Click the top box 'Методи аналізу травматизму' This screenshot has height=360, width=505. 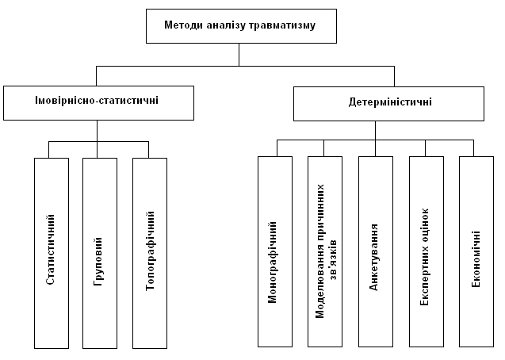tap(239, 26)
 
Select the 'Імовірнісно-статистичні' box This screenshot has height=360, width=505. tap(98, 102)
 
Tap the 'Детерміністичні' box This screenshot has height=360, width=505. tap(389, 102)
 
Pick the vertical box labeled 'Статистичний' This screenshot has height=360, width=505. tap(52, 252)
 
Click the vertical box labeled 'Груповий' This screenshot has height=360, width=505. tap(99, 252)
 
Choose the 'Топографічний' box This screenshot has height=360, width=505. tap(150, 252)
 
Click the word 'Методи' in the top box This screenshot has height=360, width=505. tap(182, 26)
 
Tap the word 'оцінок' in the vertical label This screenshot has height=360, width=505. tap(426, 225)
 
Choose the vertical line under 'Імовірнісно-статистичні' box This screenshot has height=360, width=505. tap(98, 131)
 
